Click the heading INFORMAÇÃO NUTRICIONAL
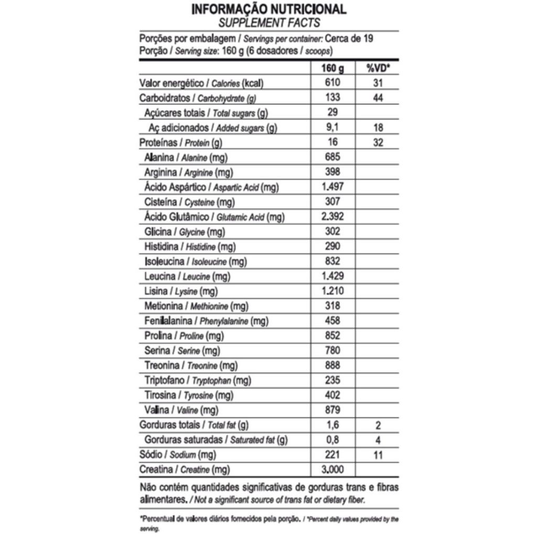[268, 9]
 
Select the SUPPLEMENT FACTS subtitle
[268, 23]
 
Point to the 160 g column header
[332, 68]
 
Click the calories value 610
[332, 83]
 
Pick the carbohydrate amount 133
[332, 98]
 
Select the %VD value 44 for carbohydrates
[378, 98]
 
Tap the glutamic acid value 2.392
[332, 217]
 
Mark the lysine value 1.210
[332, 291]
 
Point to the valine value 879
[332, 410]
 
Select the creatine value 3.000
[332, 469]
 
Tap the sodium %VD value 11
[378, 455]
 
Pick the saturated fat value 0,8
[332, 440]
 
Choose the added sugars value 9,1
[332, 127]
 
